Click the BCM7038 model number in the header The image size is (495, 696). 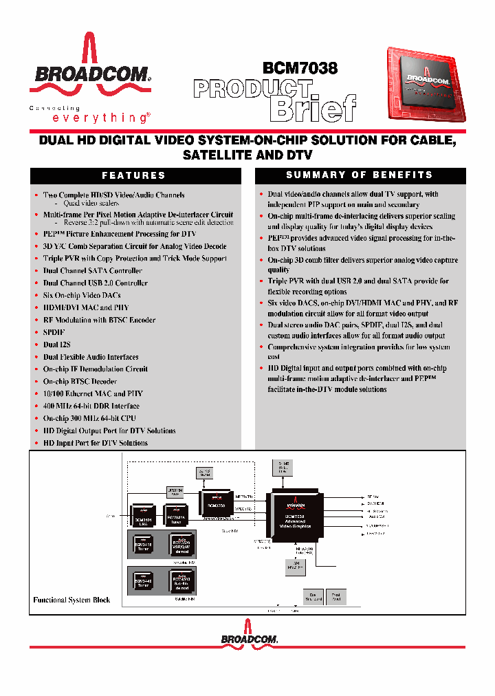300,68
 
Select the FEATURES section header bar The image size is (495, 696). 135,176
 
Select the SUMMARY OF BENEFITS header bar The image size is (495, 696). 360,175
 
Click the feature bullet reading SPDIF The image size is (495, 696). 54,332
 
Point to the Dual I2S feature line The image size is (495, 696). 57,345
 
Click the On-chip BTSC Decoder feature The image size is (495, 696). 80,382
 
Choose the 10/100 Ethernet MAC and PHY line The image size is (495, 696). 93,394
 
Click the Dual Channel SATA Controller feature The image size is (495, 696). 92,271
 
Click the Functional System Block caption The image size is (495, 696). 71,600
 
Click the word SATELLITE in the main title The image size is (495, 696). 220,155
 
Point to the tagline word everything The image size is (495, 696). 100,118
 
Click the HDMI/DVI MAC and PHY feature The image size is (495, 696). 86,307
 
